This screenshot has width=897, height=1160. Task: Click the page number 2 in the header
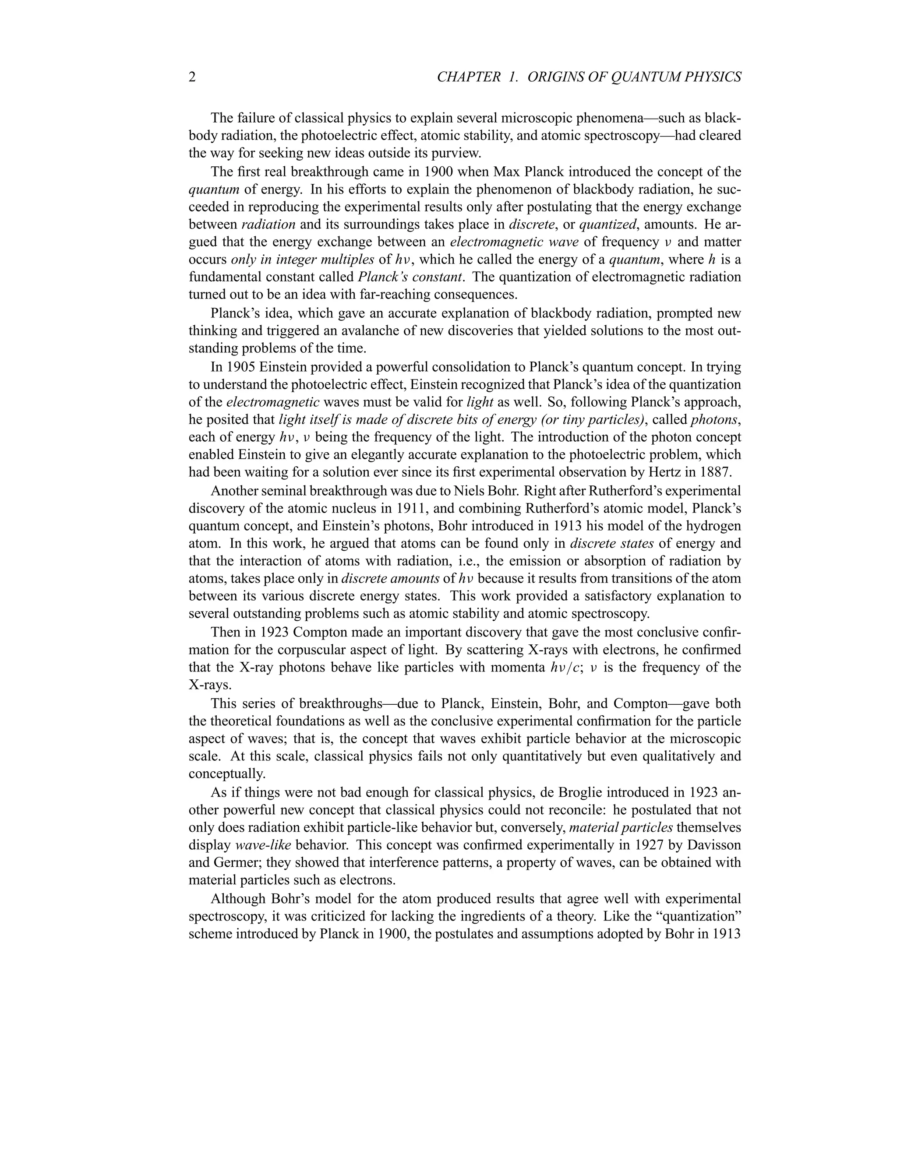pyautogui.click(x=192, y=77)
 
